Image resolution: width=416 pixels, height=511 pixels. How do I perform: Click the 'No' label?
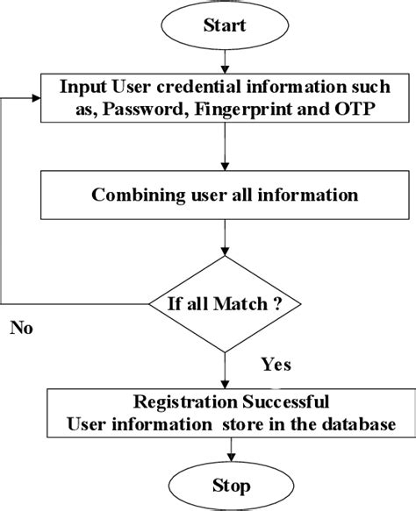point(21,329)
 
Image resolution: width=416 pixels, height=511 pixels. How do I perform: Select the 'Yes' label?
point(276,363)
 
